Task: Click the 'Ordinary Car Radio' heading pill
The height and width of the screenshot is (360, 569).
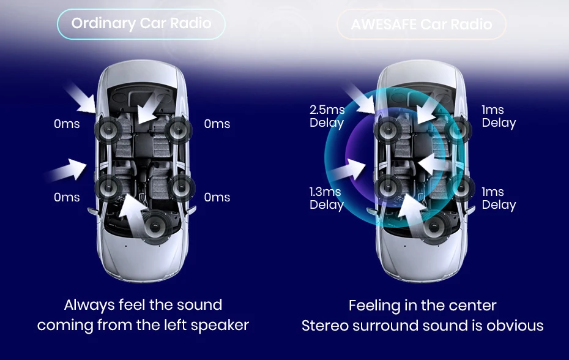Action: coord(141,24)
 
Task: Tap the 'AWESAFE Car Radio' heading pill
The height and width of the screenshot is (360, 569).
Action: coord(422,25)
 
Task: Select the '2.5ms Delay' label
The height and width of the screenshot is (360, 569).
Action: coord(327,116)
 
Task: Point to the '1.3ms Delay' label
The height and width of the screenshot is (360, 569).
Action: coord(326,198)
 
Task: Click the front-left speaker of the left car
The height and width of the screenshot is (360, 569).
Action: coord(109,129)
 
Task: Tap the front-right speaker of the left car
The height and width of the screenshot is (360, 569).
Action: coord(177,129)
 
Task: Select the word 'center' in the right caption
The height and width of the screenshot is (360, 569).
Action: coord(471,305)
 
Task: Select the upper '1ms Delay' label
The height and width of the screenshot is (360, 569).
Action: coord(498,116)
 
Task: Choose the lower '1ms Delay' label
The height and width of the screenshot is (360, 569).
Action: coord(498,198)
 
